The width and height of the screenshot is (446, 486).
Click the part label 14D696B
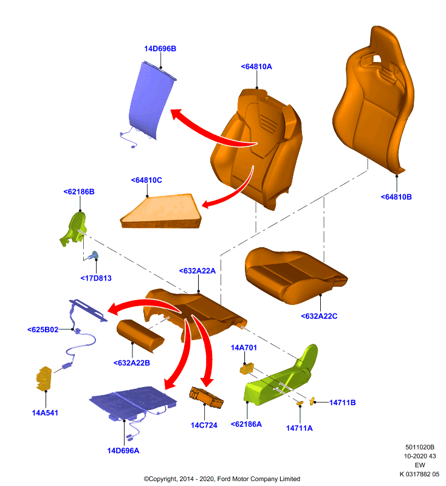[160, 49]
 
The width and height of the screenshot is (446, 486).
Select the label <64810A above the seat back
[256, 67]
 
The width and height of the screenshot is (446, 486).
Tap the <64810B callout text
[396, 197]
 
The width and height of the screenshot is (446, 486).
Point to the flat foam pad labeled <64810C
[161, 211]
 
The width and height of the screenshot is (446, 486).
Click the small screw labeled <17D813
[94, 255]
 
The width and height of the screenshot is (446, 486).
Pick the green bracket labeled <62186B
[74, 229]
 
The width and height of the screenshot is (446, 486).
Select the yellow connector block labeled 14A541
[44, 378]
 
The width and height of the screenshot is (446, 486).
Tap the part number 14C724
[204, 425]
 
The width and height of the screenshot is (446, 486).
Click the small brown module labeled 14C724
[206, 397]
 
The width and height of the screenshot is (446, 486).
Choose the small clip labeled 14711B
[312, 401]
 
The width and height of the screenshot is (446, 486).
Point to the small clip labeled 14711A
[300, 403]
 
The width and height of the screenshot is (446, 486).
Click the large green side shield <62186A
[281, 378]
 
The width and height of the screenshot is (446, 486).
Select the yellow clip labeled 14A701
[247, 369]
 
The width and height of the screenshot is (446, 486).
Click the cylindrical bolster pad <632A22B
[140, 336]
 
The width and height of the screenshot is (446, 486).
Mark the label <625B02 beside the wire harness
[43, 329]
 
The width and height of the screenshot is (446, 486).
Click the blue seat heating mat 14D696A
[133, 402]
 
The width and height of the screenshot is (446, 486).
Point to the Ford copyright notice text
[222, 479]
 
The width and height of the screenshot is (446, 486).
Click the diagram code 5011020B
[420, 447]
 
